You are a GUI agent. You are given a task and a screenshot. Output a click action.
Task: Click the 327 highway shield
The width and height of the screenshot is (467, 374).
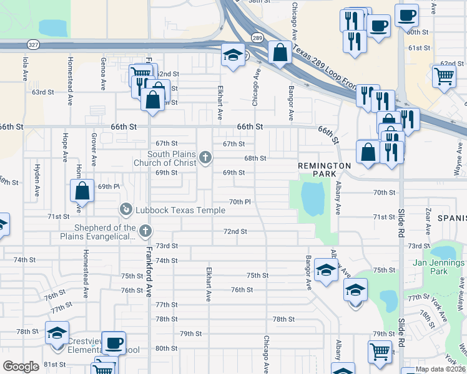coord(32,45)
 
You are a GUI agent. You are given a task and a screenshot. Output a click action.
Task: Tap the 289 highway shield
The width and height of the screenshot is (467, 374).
coord(257,38)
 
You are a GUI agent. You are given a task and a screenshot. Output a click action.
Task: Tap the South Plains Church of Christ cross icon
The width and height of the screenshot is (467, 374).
coord(207,159)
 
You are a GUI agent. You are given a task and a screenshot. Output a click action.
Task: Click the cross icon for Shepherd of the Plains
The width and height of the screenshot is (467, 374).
coord(145,232)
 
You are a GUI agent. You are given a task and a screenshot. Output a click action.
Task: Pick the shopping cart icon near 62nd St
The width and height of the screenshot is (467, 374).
coord(444,76)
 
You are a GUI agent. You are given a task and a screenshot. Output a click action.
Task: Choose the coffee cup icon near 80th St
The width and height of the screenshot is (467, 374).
coord(113,342)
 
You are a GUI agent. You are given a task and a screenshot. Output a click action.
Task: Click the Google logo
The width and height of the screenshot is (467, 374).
coord(21,367)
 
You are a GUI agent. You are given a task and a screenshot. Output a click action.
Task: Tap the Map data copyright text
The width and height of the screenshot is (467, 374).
coord(440,369)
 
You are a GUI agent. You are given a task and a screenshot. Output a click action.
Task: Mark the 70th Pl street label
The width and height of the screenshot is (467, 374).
coord(240,202)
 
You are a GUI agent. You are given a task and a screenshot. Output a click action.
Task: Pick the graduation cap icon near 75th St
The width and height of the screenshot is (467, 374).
coord(325,269)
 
